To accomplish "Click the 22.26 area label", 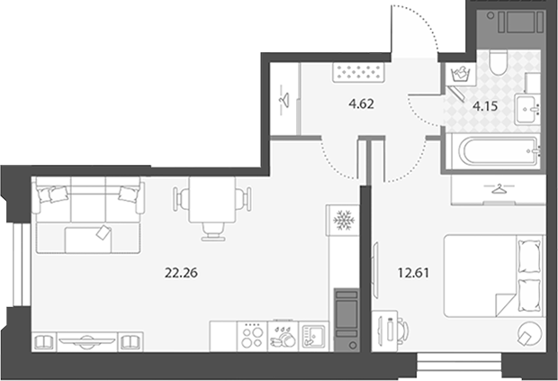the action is point(181,273).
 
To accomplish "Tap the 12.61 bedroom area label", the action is point(413,273).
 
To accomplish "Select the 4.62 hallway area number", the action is point(361,104).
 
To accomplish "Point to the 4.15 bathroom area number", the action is point(485,106).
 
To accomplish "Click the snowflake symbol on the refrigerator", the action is point(344,220).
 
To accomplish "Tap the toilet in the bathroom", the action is point(499,62).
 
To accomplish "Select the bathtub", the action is point(499,151).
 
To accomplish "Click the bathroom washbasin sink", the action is point(526,109).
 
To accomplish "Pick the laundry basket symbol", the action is point(461,74).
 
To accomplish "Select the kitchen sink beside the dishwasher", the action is point(313,337).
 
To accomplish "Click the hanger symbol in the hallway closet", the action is point(284,100).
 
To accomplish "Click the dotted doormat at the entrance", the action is point(359,72).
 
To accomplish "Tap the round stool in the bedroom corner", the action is point(530,333).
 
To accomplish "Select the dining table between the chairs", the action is point(212,199).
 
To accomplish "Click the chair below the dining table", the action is point(213,231).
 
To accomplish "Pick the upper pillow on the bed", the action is point(529,257).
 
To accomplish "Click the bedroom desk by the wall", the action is point(384,331).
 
